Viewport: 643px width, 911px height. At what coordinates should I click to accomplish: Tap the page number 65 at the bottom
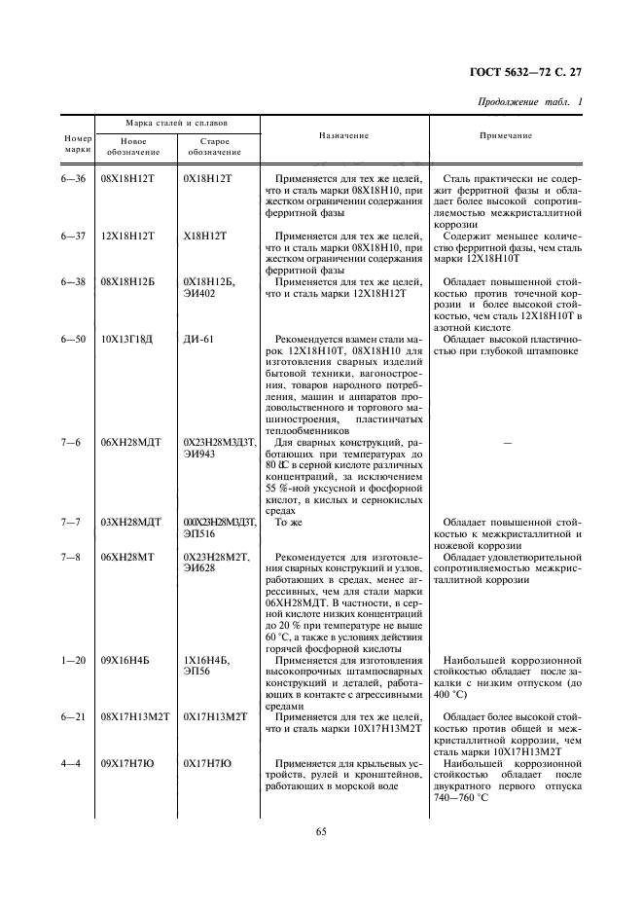(321, 830)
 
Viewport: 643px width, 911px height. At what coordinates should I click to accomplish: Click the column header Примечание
(506, 135)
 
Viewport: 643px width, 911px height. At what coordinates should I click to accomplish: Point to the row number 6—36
(74, 181)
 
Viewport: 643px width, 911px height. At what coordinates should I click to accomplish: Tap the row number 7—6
(74, 442)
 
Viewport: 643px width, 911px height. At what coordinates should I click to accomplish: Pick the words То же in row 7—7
(289, 523)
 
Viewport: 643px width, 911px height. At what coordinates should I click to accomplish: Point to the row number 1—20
(74, 662)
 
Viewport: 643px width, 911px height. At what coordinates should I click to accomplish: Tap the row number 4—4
(74, 764)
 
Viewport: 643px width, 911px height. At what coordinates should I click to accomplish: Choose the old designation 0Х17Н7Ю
(206, 764)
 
